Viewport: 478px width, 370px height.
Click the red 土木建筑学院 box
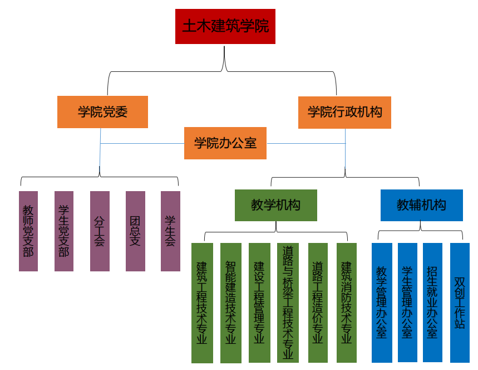pyautogui.click(x=225, y=26)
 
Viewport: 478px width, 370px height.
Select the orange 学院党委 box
pyautogui.click(x=102, y=112)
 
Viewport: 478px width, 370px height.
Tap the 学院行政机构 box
pyautogui.click(x=345, y=112)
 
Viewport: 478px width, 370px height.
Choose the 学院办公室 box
pyautogui.click(x=225, y=143)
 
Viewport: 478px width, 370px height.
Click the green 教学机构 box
pyautogui.click(x=276, y=205)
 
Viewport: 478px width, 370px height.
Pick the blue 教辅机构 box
pyautogui.click(x=421, y=205)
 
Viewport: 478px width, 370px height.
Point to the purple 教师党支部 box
pyautogui.click(x=28, y=231)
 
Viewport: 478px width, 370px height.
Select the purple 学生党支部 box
pyautogui.click(x=64, y=231)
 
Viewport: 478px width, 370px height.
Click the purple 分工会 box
pyautogui.click(x=100, y=231)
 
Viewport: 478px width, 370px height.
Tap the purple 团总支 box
pyautogui.click(x=135, y=231)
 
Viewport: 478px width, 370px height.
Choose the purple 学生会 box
pyautogui.click(x=170, y=231)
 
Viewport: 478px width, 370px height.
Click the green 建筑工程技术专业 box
pyautogui.click(x=202, y=303)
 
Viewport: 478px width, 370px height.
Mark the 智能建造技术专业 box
pyautogui.click(x=230, y=303)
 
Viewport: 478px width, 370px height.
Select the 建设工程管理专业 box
pyautogui.click(x=259, y=303)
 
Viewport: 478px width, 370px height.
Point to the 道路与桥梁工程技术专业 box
pyautogui.click(x=288, y=303)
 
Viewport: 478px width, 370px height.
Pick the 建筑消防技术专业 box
pyautogui.click(x=347, y=303)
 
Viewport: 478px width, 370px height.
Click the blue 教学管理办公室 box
pyautogui.click(x=382, y=303)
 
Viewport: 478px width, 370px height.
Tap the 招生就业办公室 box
pyautogui.click(x=432, y=303)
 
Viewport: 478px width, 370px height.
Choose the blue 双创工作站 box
pyautogui.click(x=460, y=303)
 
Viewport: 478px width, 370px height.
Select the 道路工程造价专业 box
pyautogui.click(x=318, y=303)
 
